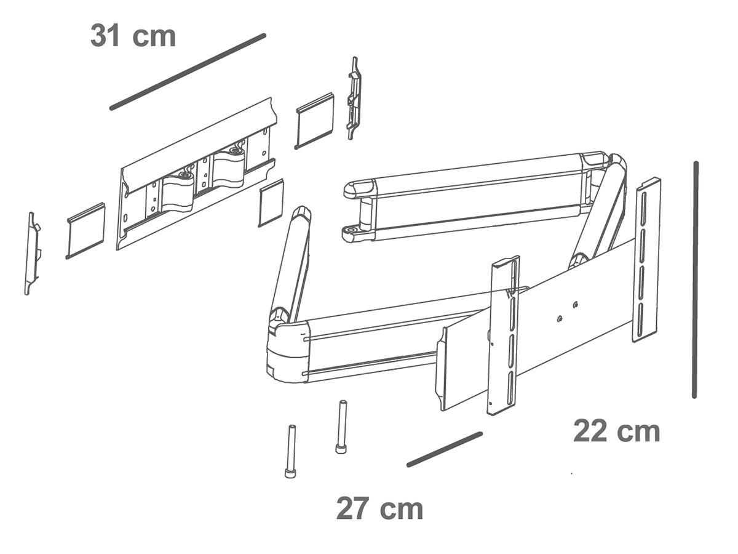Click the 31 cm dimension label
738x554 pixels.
pos(133,36)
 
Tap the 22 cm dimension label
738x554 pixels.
pos(616,432)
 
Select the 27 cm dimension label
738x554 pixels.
pos(379,509)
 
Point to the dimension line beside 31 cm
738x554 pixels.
pos(188,71)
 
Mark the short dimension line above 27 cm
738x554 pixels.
pos(444,449)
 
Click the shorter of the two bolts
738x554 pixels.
pos(341,427)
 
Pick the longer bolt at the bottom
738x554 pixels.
pos(290,451)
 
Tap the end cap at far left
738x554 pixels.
pos(33,253)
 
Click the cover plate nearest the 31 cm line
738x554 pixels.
pos(315,120)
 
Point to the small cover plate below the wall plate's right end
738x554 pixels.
pos(271,203)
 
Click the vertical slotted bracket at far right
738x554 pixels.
pos(646,259)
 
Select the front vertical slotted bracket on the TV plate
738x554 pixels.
pos(504,335)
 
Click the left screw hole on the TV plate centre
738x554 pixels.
pos(559,318)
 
